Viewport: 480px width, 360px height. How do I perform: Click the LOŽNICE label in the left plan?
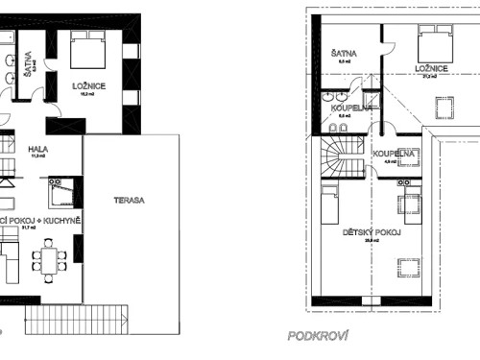[x=88, y=84]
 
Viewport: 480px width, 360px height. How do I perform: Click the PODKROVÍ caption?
[x=316, y=337]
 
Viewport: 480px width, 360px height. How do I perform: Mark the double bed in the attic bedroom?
[x=435, y=41]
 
